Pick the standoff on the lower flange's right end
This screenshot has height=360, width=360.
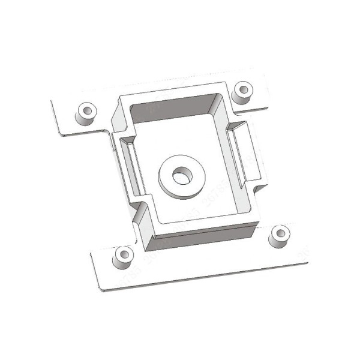[279, 236]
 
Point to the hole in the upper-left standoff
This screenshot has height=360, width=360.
[86, 110]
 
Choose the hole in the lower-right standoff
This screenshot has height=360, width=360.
[280, 232]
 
